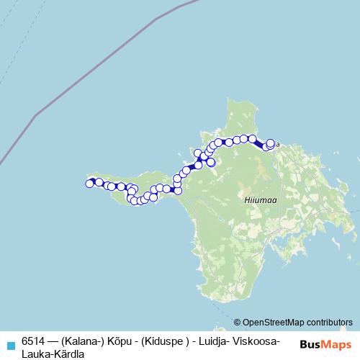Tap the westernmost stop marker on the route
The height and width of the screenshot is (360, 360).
pos(89,184)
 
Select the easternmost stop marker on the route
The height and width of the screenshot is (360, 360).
pos(271,143)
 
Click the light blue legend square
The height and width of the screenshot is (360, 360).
pos(10,344)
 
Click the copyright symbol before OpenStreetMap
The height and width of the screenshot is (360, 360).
pos(237,322)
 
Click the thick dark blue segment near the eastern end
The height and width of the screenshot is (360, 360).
pos(261,142)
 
